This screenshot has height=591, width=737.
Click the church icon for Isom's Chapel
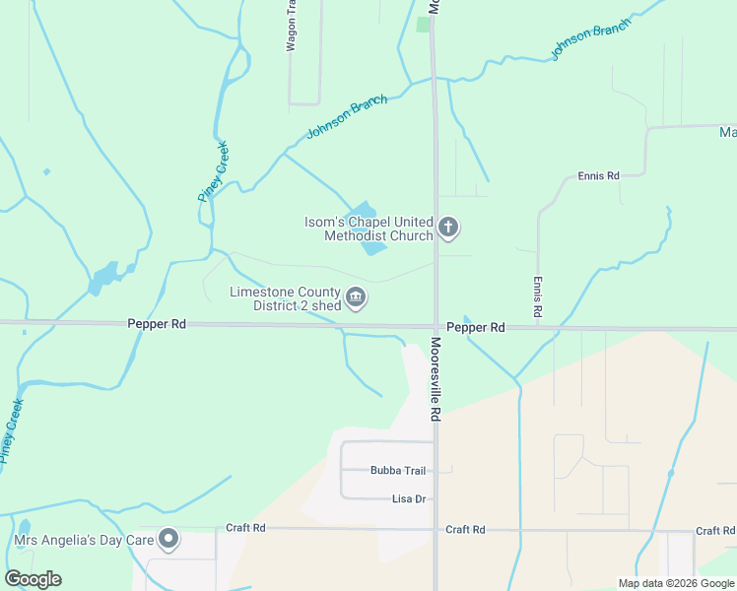coord(448,229)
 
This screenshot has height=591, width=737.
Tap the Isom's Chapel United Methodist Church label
coord(368,229)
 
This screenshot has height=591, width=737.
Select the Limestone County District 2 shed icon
coord(357,296)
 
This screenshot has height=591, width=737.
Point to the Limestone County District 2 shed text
coord(285,298)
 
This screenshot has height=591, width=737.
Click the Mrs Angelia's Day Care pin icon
coord(169,539)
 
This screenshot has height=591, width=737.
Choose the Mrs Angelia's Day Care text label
coord(85,540)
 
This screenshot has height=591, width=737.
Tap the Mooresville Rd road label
coord(435,380)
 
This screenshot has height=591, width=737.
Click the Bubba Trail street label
coord(397,471)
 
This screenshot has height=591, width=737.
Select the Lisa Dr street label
coord(408,499)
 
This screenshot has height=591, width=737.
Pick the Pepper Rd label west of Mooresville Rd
coord(157,323)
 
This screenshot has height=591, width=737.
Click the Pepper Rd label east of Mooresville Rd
coord(475,327)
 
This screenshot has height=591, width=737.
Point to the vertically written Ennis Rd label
coord(538,295)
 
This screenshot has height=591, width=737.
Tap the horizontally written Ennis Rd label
coord(598,175)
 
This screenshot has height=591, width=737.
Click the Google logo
coord(33,579)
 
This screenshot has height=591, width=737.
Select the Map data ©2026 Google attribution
coord(675,583)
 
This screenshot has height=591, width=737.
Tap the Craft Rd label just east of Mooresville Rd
coord(465,529)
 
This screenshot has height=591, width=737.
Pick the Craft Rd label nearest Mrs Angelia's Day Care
coord(245,528)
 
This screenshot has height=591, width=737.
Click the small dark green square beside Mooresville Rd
coord(424,24)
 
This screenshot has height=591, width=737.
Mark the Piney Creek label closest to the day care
coord(11,431)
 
